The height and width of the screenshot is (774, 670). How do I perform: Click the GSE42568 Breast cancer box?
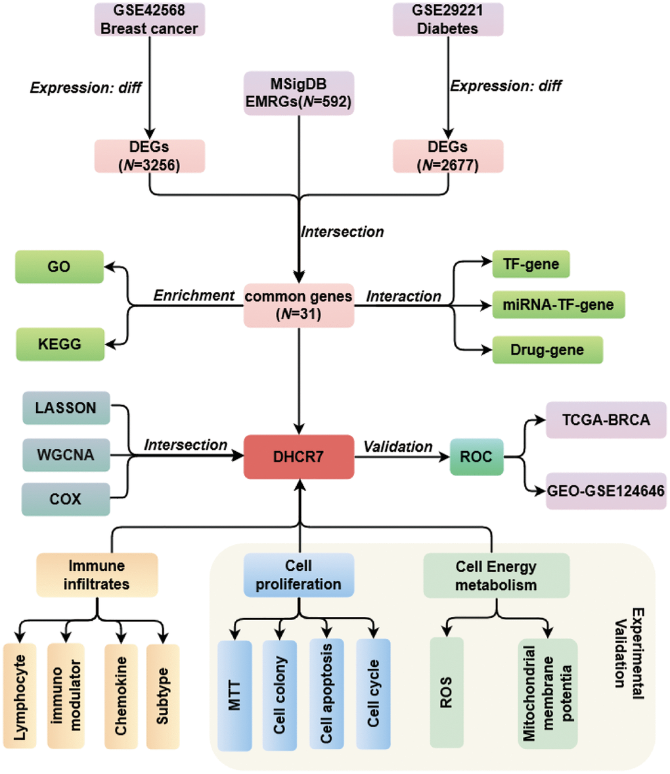pos(150,19)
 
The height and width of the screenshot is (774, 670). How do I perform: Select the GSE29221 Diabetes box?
pos(448,19)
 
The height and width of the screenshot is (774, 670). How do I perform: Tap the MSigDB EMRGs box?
pos(299,93)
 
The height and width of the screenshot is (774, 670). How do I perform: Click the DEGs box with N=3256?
pos(150,156)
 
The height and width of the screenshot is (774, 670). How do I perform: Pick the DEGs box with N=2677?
pos(448,156)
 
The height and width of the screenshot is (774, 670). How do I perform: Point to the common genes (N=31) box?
pos(299,305)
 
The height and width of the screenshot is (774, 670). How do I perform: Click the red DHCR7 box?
pos(299,456)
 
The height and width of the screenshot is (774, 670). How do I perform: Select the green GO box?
pos(59,266)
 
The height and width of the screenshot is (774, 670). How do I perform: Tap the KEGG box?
pos(60,344)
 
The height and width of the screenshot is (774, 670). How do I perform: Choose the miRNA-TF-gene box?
pos(558,304)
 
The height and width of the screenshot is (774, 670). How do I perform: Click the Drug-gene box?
pos(547,350)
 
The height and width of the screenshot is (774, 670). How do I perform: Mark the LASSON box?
pos(66,408)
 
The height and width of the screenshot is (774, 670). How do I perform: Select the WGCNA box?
pos(66,454)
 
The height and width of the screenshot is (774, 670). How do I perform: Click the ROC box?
pos(476,456)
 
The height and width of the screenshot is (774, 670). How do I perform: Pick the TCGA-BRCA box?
pos(606,420)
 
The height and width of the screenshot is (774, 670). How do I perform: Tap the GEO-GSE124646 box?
pos(606,491)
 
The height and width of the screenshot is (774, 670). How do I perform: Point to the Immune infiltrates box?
pos(97,575)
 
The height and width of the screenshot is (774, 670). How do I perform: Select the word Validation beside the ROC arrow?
pos(398,447)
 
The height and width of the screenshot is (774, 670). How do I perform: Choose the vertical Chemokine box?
pos(121,696)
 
